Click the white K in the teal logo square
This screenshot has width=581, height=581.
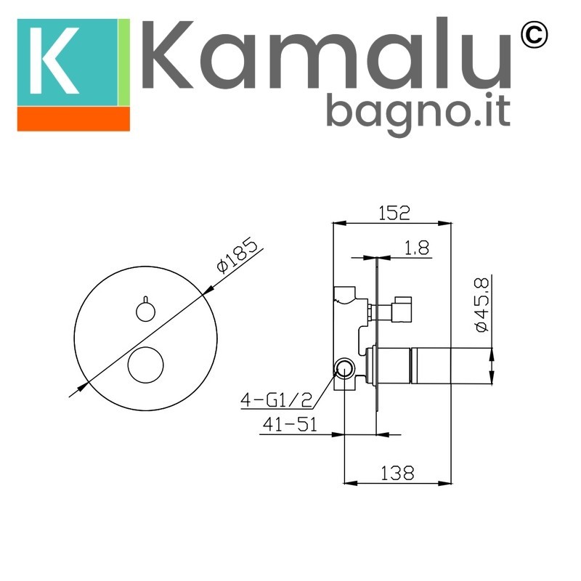(x=54, y=60)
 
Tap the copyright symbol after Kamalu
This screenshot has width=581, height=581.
(x=534, y=35)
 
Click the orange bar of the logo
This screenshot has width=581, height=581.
(x=73, y=119)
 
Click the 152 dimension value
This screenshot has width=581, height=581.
(x=394, y=213)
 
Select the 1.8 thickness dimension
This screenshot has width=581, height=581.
(x=416, y=248)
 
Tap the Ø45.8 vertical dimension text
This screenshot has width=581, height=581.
(x=482, y=305)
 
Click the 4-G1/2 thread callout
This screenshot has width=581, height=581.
(x=277, y=399)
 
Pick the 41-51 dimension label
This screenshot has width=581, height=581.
(x=290, y=424)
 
